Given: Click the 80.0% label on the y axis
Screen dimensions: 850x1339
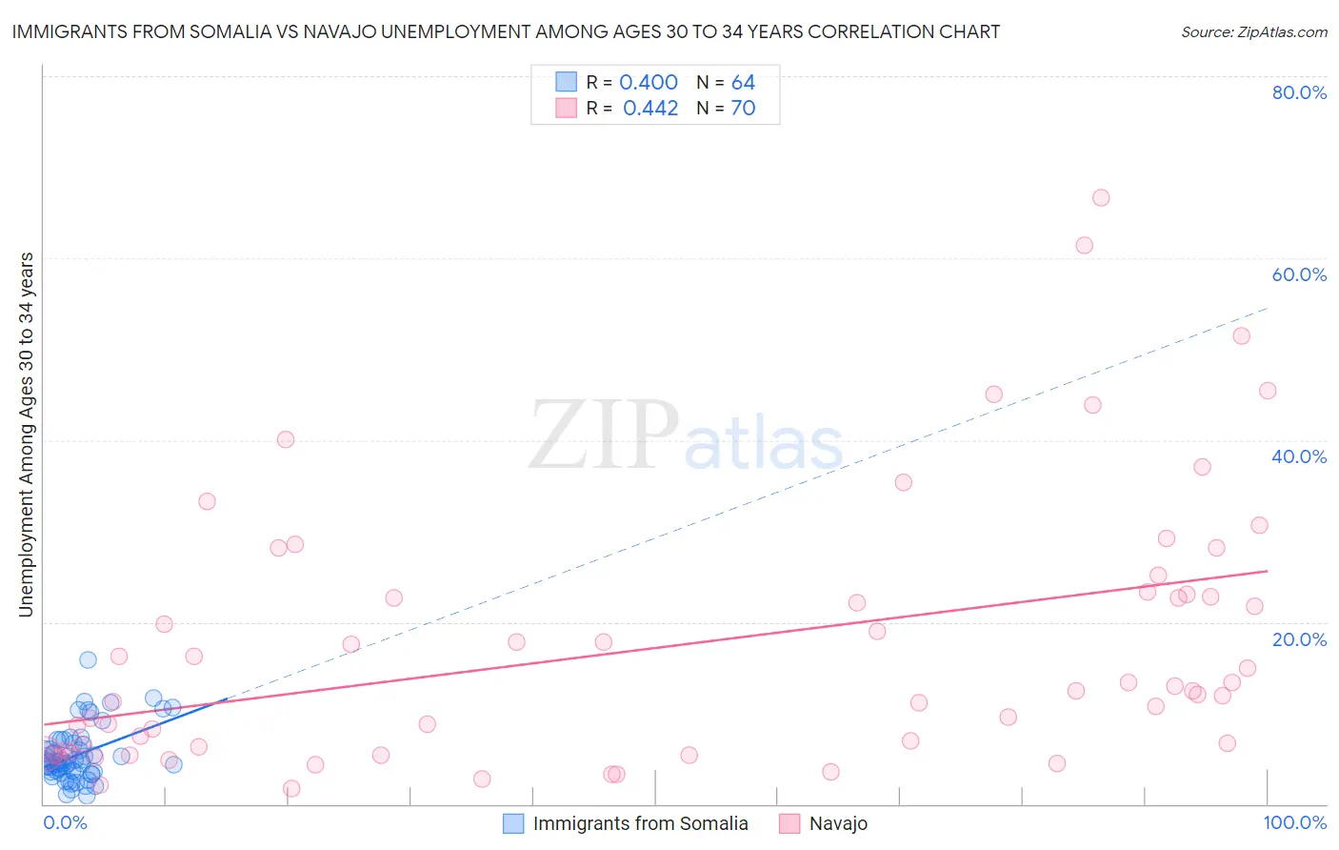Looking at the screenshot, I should pyautogui.click(x=1299, y=92).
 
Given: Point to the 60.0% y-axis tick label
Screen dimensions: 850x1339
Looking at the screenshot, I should pyautogui.click(x=1299, y=274).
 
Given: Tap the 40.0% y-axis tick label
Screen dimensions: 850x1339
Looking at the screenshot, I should pyautogui.click(x=1299, y=456).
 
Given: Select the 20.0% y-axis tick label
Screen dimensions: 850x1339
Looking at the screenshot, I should pyautogui.click(x=1299, y=639).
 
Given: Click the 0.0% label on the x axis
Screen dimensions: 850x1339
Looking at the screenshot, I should pyautogui.click(x=65, y=822).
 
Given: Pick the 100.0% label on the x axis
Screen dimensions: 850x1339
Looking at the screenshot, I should pyautogui.click(x=1294, y=822).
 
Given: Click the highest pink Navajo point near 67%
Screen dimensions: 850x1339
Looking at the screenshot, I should pyautogui.click(x=1101, y=198).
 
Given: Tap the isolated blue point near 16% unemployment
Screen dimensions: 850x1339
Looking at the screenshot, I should pyautogui.click(x=88, y=659).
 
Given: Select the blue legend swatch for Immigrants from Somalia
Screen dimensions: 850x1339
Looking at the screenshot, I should pyautogui.click(x=513, y=823).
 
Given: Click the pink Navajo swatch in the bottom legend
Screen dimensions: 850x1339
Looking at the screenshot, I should pyautogui.click(x=789, y=823).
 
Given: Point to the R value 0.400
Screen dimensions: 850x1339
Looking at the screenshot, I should pyautogui.click(x=649, y=83).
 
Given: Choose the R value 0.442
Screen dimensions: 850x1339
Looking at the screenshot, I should pyautogui.click(x=650, y=109).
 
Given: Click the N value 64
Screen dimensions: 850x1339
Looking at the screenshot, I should pyautogui.click(x=743, y=83).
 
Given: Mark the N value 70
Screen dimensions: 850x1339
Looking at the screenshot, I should pyautogui.click(x=743, y=109).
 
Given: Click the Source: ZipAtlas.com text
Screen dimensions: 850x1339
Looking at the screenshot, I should pyautogui.click(x=1253, y=32).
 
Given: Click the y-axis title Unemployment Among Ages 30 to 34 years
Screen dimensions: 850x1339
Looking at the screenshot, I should pyautogui.click(x=27, y=434).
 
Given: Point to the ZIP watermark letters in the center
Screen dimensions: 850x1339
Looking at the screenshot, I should pyautogui.click(x=603, y=435).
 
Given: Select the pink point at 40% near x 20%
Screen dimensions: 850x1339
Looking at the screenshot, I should pyautogui.click(x=286, y=439).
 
